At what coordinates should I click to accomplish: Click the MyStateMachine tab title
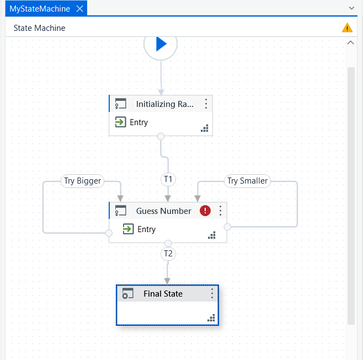[40, 9]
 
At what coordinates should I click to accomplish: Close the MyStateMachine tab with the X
[80, 9]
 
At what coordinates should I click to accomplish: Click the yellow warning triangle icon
[347, 28]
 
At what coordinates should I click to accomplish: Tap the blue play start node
[161, 44]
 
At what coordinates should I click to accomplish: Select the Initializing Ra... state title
[164, 104]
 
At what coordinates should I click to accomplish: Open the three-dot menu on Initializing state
[206, 104]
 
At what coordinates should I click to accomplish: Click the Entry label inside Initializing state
[138, 122]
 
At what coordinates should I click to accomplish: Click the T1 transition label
[168, 179]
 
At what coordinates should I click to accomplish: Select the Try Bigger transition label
[82, 181]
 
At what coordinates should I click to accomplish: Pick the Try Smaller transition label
[247, 181]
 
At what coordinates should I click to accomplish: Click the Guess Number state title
[164, 211]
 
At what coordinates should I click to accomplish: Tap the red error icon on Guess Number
[205, 211]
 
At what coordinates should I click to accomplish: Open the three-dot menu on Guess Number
[220, 211]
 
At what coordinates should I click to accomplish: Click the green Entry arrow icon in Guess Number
[128, 229]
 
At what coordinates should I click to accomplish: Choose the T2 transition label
[168, 254]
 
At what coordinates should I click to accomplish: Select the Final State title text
[163, 294]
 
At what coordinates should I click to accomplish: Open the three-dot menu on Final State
[212, 293]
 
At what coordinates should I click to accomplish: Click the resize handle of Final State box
[211, 318]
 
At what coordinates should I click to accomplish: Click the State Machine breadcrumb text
[39, 28]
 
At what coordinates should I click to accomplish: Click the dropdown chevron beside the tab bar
[351, 8]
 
